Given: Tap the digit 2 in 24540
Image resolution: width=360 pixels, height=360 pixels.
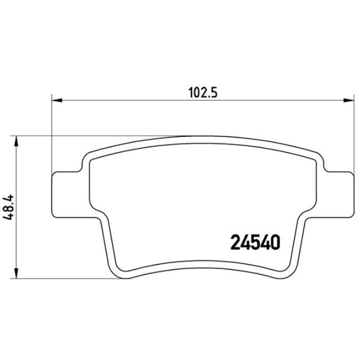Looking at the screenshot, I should pos(235,241).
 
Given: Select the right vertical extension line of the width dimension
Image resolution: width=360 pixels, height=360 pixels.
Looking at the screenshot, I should pos(353,138).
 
